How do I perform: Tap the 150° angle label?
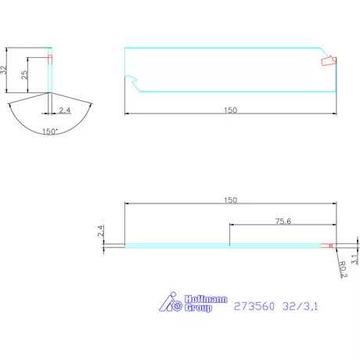pyautogui.click(x=49, y=132)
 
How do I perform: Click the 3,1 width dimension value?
pyautogui.click(x=354, y=256)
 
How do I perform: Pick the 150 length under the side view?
pyautogui.click(x=230, y=110)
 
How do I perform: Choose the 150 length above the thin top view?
pyautogui.click(x=230, y=200)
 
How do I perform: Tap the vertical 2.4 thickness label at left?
pyautogui.click(x=101, y=232)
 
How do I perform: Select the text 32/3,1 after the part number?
pyautogui.click(x=301, y=307)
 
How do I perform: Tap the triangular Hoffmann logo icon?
pyautogui.click(x=171, y=301)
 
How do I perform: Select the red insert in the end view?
pyautogui.click(x=50, y=59)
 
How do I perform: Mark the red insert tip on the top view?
pyautogui.click(x=332, y=247)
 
